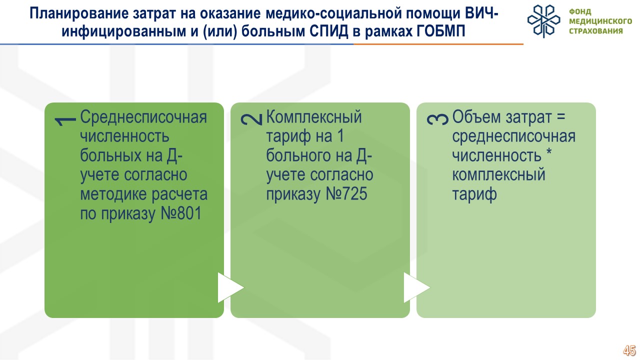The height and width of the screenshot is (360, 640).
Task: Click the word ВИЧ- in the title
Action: pyautogui.click(x=481, y=13)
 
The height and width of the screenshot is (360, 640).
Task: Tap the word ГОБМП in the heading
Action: pyautogui.click(x=441, y=30)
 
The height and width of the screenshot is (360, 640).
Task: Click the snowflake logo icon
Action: pyautogui.click(x=543, y=21)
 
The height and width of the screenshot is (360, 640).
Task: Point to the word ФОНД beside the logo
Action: pyautogui.click(x=580, y=11)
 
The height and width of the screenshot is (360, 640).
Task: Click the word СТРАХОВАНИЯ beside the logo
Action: pyautogui.click(x=595, y=31)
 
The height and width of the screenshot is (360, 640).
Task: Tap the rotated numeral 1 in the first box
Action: pyautogui.click(x=65, y=120)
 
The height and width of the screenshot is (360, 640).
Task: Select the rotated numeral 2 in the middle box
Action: pyautogui.click(x=251, y=119)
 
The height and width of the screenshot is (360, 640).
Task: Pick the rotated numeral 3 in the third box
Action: pyautogui.click(x=437, y=119)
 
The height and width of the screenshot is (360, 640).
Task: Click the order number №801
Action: pyautogui.click(x=181, y=213)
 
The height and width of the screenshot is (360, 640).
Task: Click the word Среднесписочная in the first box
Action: pyautogui.click(x=143, y=117)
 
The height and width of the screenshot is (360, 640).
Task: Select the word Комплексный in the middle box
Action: pyautogui.click(x=314, y=117)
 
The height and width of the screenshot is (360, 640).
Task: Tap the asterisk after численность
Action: pyautogui.click(x=549, y=152)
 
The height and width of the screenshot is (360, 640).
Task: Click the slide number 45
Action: pyautogui.click(x=629, y=350)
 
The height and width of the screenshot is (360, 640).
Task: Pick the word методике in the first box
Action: pyautogui.click(x=114, y=194)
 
